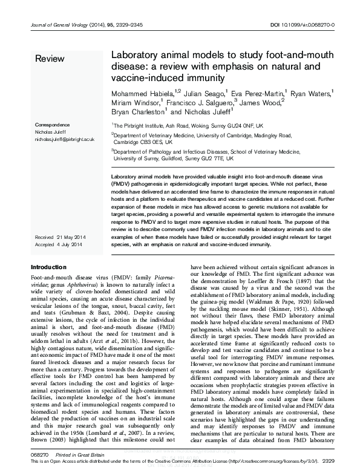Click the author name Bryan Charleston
[x=137, y=112]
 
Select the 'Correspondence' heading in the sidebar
[x=53, y=124]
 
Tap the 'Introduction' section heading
[x=48, y=267]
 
